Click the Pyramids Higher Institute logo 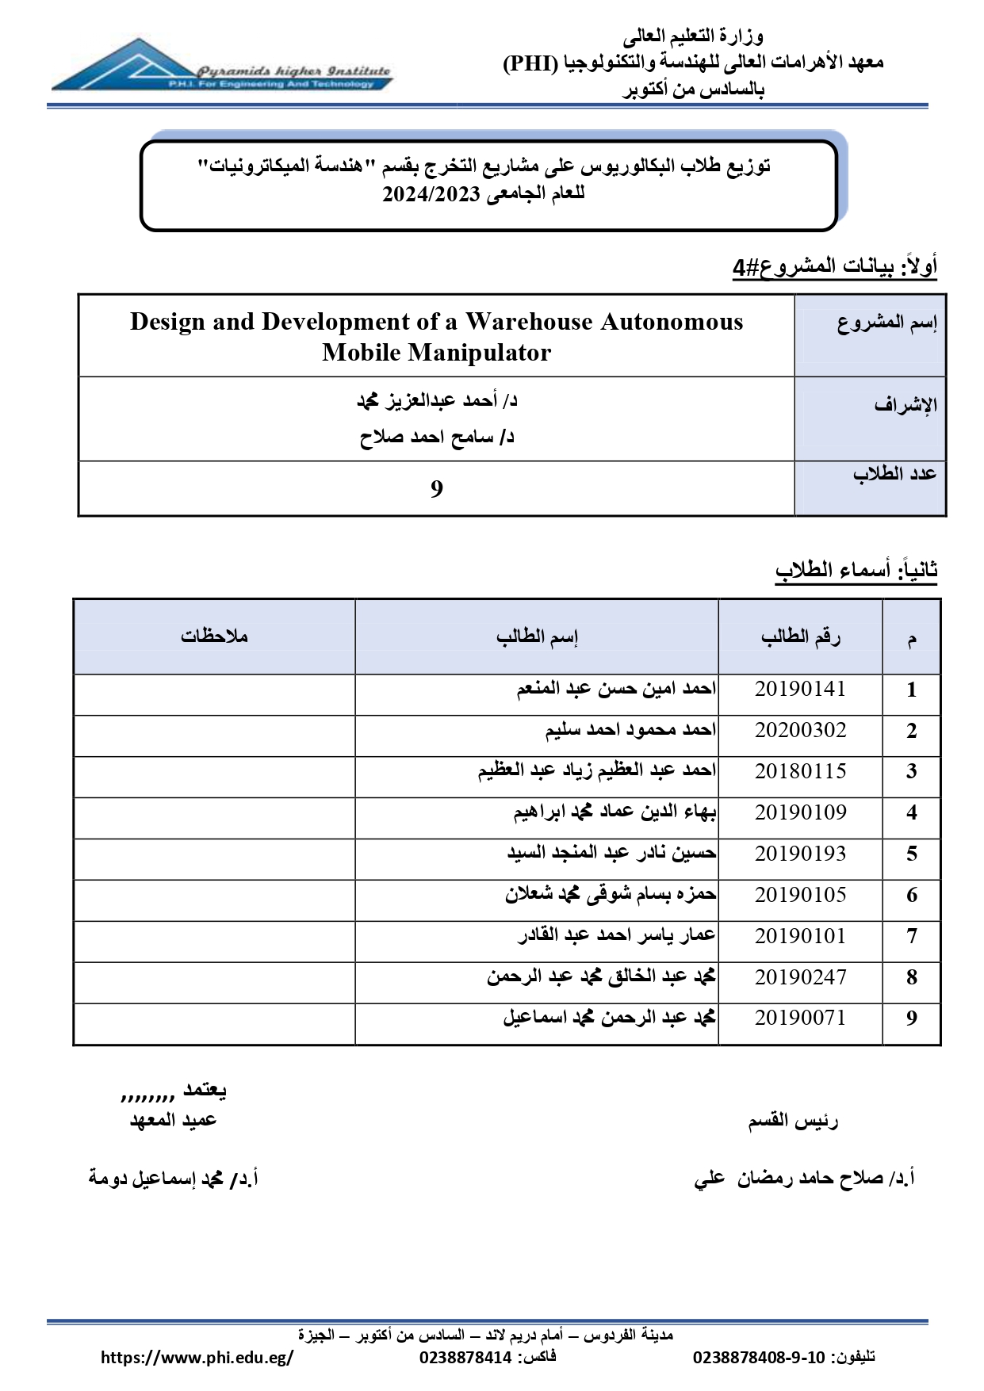point(220,67)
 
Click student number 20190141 point(800,690)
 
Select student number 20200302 point(800,731)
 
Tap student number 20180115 point(800,772)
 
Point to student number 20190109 point(800,813)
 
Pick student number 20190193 point(800,854)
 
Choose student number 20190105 point(800,896)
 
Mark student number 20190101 point(800,937)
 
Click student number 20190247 point(800,978)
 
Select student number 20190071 point(800,1018)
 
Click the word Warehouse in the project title point(529,322)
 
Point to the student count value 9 point(437,489)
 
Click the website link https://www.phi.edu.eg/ point(197,1358)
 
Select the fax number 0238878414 point(465,1358)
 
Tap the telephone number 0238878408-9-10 point(759,1358)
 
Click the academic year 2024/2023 point(431,194)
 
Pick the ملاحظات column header point(214,636)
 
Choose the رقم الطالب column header point(800,636)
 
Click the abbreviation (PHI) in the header point(531,63)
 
